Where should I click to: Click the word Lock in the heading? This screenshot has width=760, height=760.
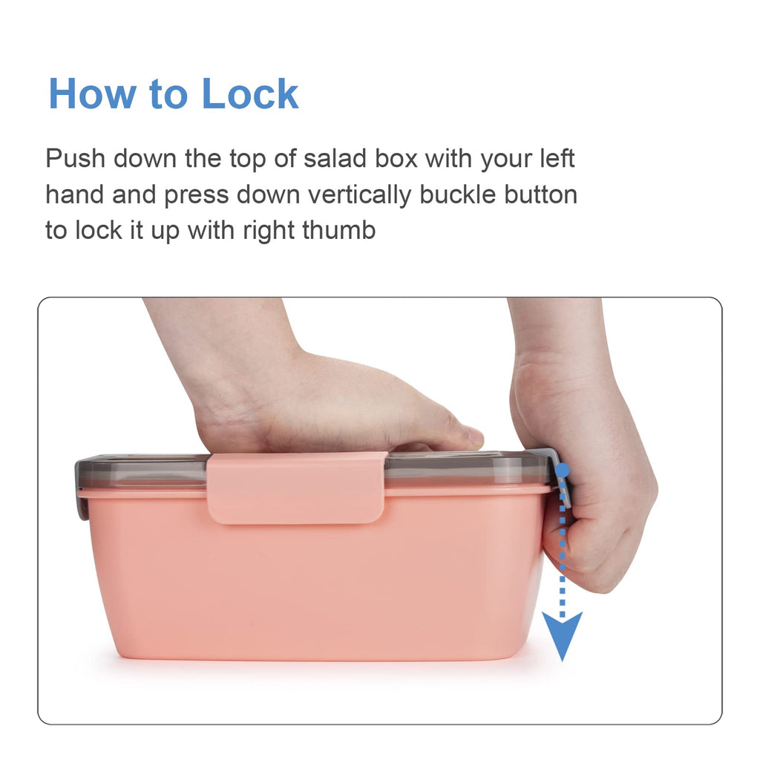[249, 94]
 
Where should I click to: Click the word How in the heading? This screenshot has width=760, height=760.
[92, 94]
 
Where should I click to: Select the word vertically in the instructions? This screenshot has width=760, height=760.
[360, 195]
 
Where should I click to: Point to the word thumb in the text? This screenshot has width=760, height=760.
[338, 230]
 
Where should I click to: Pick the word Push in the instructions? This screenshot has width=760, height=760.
[75, 159]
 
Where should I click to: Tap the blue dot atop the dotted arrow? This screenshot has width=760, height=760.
[563, 470]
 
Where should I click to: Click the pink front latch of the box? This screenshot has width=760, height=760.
[297, 488]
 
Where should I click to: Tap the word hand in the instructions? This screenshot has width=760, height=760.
[75, 195]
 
